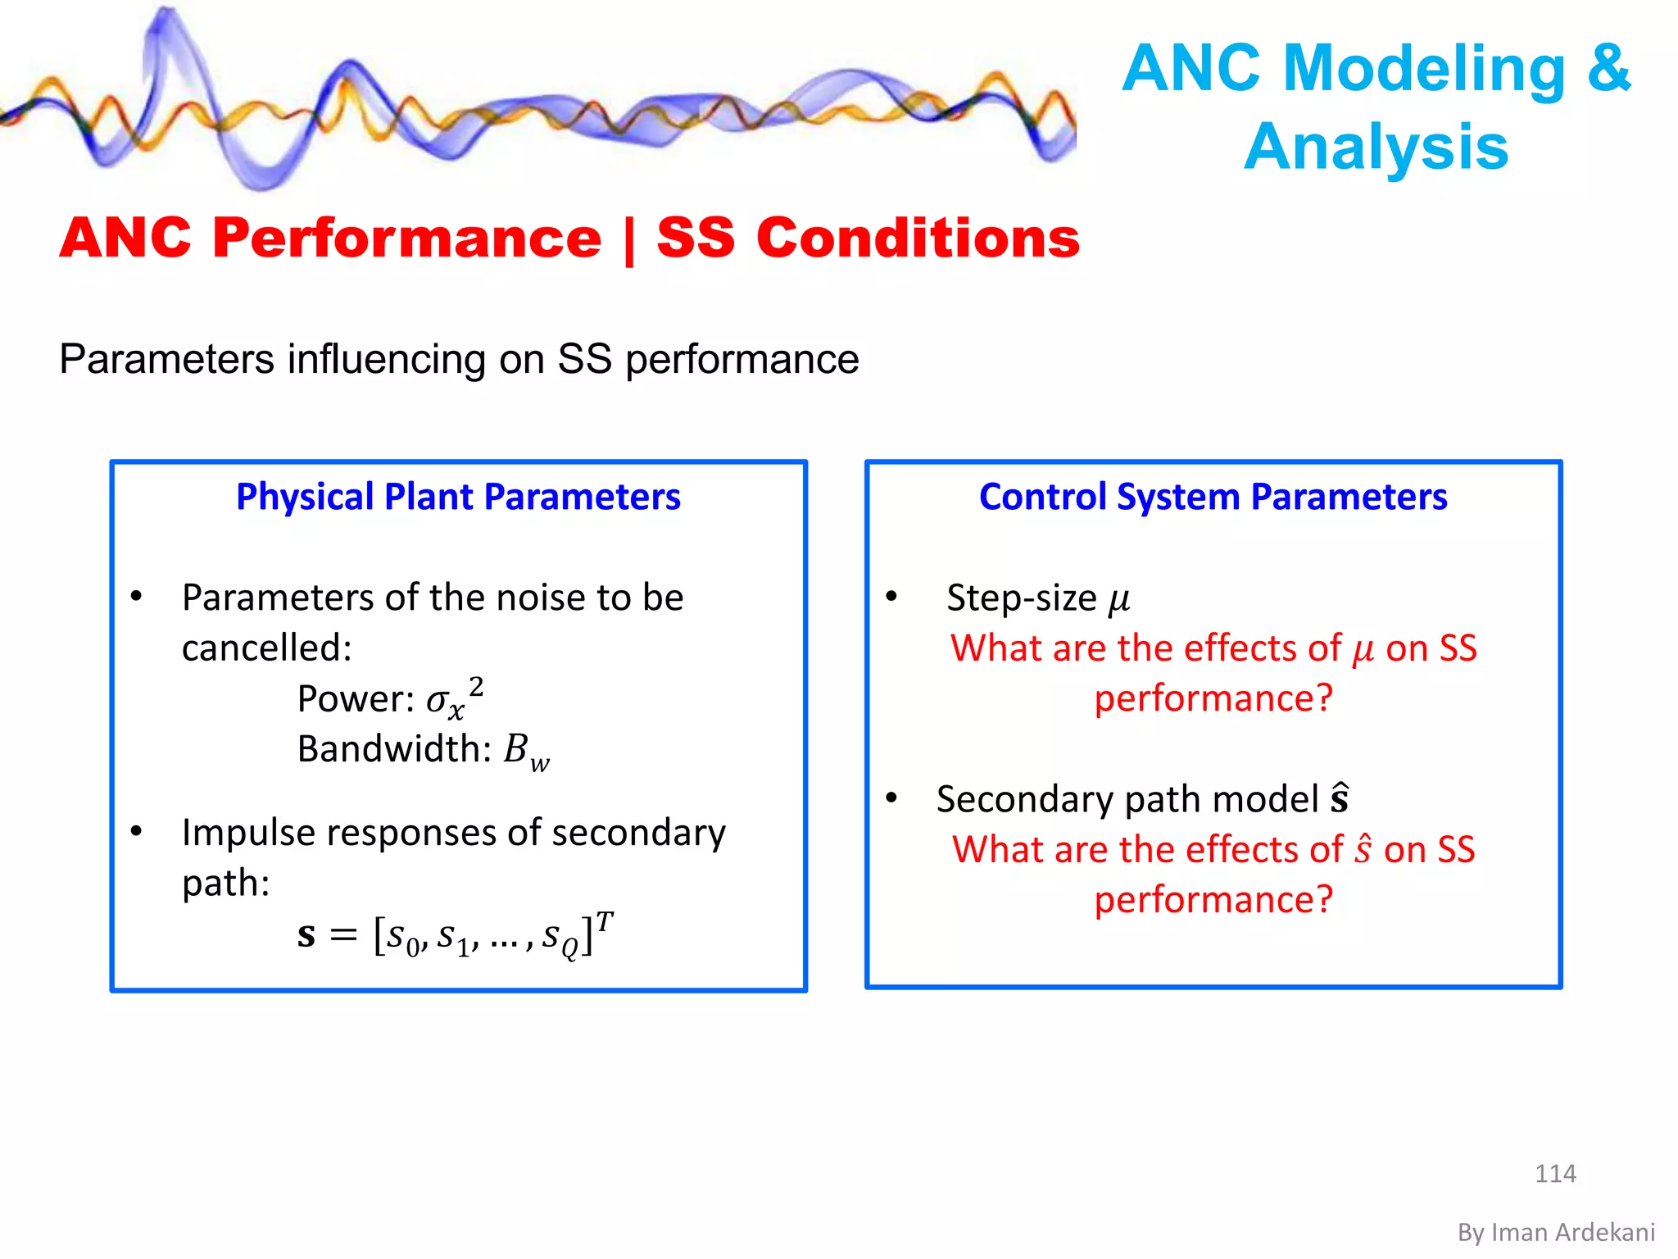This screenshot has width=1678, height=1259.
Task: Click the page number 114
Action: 1554,1174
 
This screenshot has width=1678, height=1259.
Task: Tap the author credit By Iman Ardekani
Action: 1556,1233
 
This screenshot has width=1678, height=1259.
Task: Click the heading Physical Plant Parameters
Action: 458,497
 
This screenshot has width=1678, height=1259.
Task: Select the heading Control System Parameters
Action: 1213,497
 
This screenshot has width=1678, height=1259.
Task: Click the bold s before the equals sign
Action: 306,935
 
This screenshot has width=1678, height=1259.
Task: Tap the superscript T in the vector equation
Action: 605,922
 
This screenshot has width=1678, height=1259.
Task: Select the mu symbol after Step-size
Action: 1119,600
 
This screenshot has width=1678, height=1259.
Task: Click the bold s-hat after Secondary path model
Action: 1340,798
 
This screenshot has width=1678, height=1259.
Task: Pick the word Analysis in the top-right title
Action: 1376,147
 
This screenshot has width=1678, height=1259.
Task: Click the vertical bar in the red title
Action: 628,239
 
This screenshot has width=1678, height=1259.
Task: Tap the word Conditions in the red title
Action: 918,239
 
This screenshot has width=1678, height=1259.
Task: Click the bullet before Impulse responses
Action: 137,832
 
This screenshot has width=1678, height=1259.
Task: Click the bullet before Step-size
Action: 891,597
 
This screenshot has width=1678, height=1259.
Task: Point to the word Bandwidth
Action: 394,748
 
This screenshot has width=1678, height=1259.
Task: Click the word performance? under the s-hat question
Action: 1213,900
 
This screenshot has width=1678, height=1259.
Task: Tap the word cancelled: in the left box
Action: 267,648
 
